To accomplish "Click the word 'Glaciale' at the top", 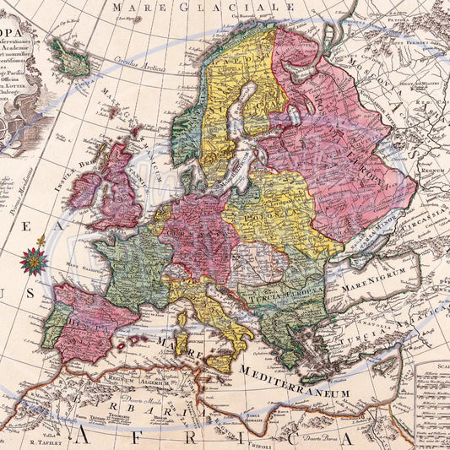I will (x=253, y=7).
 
